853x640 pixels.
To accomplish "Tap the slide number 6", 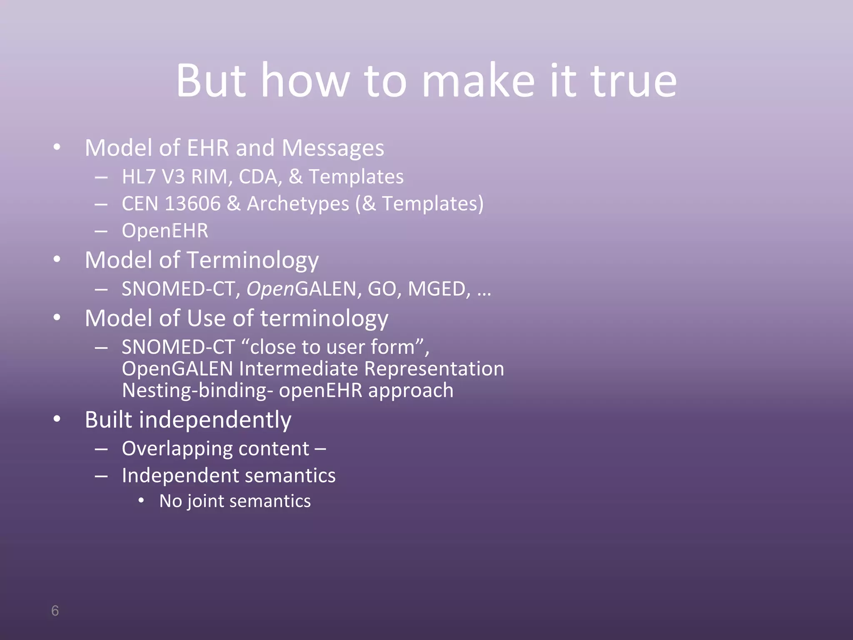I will (55, 610).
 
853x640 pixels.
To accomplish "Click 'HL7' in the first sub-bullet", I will (138, 177).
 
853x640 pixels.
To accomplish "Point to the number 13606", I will (192, 204).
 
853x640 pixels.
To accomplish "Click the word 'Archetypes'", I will (298, 204).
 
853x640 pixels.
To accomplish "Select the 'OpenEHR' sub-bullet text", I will (165, 231).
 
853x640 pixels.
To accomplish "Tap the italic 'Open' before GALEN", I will (270, 289).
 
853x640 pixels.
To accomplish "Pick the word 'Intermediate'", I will (298, 369).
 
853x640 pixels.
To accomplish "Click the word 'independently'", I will (215, 420).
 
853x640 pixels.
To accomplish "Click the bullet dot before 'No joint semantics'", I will (142, 500).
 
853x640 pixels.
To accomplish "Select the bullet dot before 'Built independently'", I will (57, 419).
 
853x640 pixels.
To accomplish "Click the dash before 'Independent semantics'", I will (101, 476).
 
